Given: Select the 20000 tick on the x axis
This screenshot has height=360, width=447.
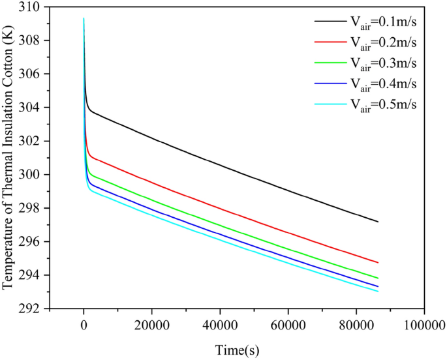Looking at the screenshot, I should [x=151, y=322].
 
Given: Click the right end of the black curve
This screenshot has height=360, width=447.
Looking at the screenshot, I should [x=378, y=222].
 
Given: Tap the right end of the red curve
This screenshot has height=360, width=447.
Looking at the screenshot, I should [x=378, y=262].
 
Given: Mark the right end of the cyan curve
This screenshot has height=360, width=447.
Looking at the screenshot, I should [x=378, y=291].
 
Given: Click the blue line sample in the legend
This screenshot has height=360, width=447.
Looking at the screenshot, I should [x=329, y=84].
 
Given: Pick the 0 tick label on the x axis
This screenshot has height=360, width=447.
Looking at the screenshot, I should [x=84, y=322].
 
